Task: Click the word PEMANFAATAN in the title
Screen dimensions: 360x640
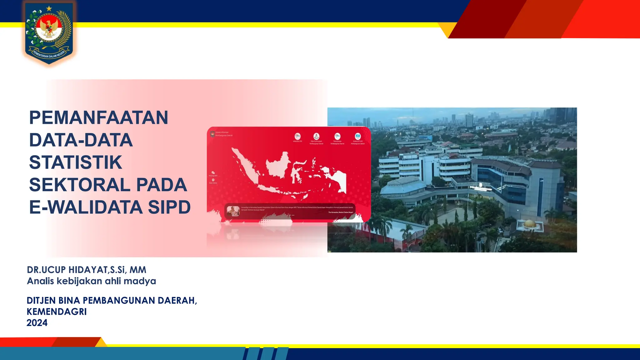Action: pos(98,118)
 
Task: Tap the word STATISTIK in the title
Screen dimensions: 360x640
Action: pos(75,162)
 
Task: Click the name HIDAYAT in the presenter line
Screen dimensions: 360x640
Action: pos(88,270)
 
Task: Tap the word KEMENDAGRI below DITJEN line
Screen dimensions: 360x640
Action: pos(57,312)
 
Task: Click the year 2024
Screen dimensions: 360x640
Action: pos(37,323)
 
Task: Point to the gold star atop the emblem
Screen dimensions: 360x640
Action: pos(49,9)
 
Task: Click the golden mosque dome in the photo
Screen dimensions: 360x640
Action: pos(529,223)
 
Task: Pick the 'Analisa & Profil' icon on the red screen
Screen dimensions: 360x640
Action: pos(358,137)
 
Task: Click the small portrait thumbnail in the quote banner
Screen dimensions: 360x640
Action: pos(233,211)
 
